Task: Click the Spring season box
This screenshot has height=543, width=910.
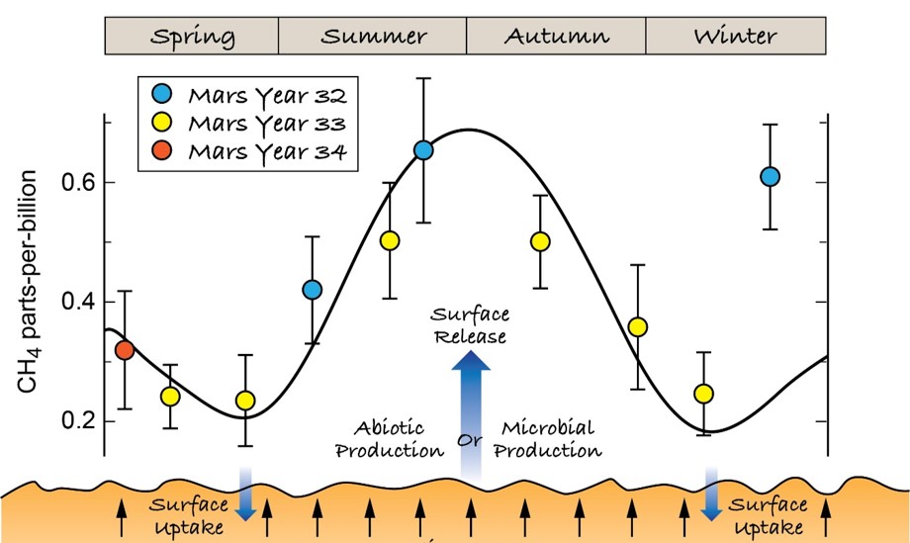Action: (x=192, y=36)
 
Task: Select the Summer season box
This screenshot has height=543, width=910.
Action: (x=373, y=36)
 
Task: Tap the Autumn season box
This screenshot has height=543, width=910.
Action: (x=556, y=36)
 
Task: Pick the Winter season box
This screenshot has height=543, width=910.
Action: (x=735, y=36)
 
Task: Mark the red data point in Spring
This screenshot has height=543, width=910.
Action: (x=125, y=350)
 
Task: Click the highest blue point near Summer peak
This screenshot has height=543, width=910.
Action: (x=423, y=150)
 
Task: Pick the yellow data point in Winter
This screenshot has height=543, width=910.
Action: (x=703, y=394)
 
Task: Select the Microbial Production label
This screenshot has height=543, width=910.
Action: (x=549, y=440)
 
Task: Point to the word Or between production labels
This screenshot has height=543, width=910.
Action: (x=470, y=438)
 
